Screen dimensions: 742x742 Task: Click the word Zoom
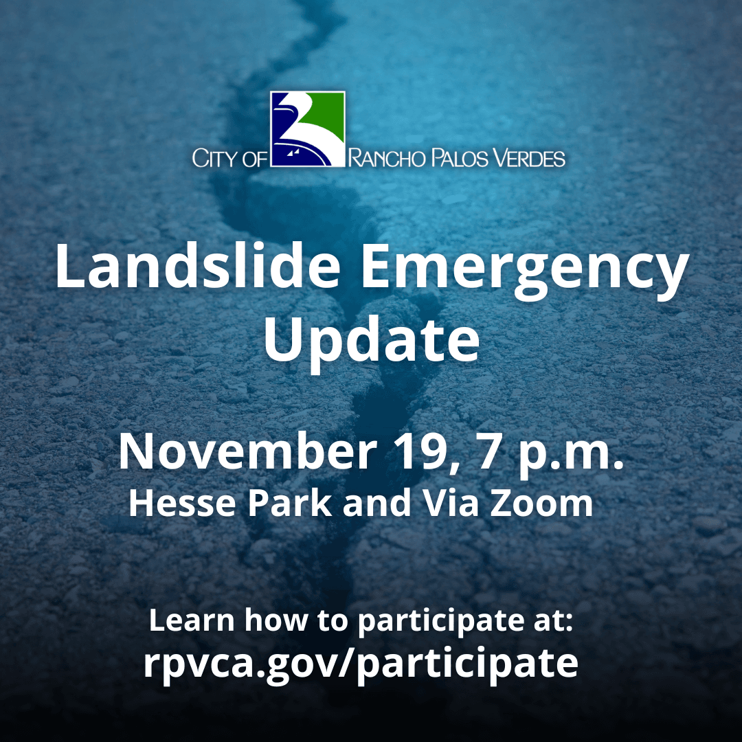point(546,504)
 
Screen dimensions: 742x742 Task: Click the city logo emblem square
point(307,129)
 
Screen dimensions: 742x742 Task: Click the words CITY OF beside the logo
point(229,160)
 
